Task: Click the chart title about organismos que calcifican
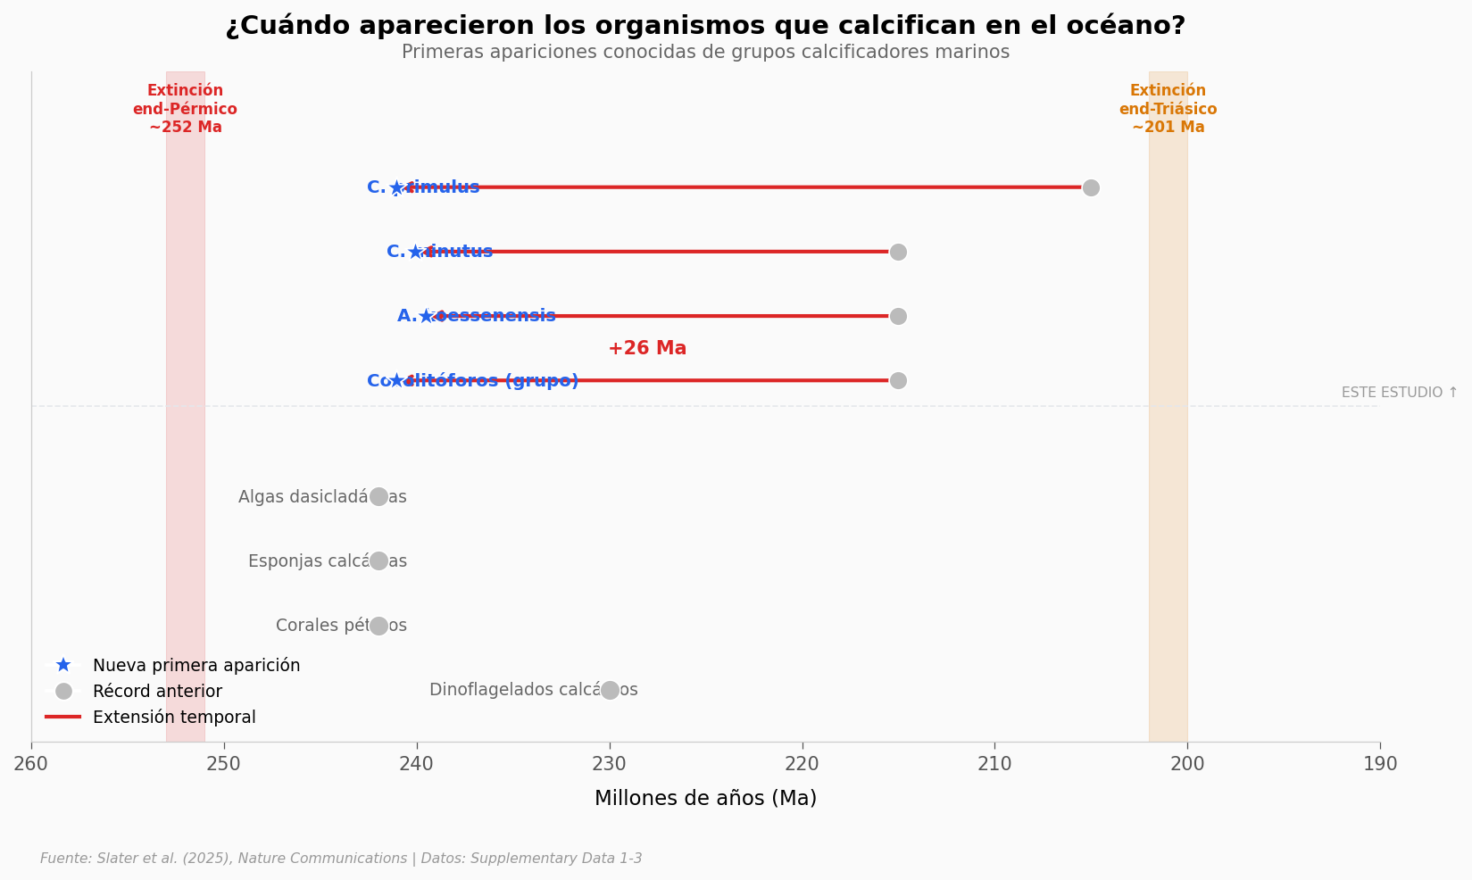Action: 705,26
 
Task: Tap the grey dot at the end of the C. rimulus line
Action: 1091,187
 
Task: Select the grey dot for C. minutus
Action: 898,252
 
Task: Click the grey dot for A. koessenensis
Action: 898,316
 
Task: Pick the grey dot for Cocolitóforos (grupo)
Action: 898,380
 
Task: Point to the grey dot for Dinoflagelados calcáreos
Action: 610,690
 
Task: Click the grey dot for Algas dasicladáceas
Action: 378,496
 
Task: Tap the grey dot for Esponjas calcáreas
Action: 378,560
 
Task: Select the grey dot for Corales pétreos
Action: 378,626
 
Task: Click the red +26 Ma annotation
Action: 647,349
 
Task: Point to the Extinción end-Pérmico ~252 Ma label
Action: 185,109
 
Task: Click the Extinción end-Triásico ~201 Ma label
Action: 1168,109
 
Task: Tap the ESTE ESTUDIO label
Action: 1399,393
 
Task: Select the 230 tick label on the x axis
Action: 610,764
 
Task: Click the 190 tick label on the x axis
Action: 1380,764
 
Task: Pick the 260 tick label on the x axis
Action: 31,764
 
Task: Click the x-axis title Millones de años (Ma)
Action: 705,799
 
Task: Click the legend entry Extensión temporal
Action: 174,718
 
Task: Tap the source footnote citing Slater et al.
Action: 341,859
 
